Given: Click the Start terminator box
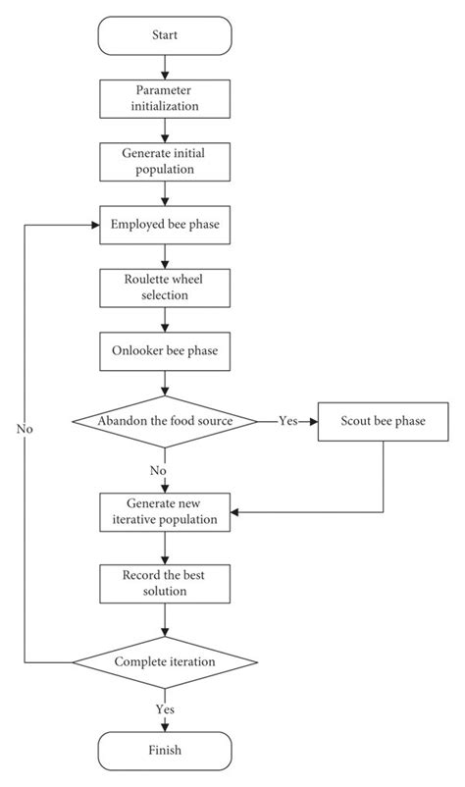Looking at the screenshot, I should point(165,35).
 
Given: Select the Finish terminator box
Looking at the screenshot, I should point(165,751).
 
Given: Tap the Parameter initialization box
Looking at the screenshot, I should point(165,97).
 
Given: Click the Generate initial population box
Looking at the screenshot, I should point(165,161).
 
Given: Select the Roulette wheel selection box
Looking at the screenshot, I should point(165,287).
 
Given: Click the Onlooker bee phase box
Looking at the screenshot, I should point(165,350).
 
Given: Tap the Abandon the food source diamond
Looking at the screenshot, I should point(165,421).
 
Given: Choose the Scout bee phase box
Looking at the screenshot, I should point(382,421).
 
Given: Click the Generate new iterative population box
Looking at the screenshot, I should point(165,511).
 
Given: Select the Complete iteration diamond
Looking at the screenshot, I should point(165,661).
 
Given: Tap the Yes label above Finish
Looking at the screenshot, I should point(165,708).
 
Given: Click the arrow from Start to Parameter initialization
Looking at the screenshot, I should point(165,66).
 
